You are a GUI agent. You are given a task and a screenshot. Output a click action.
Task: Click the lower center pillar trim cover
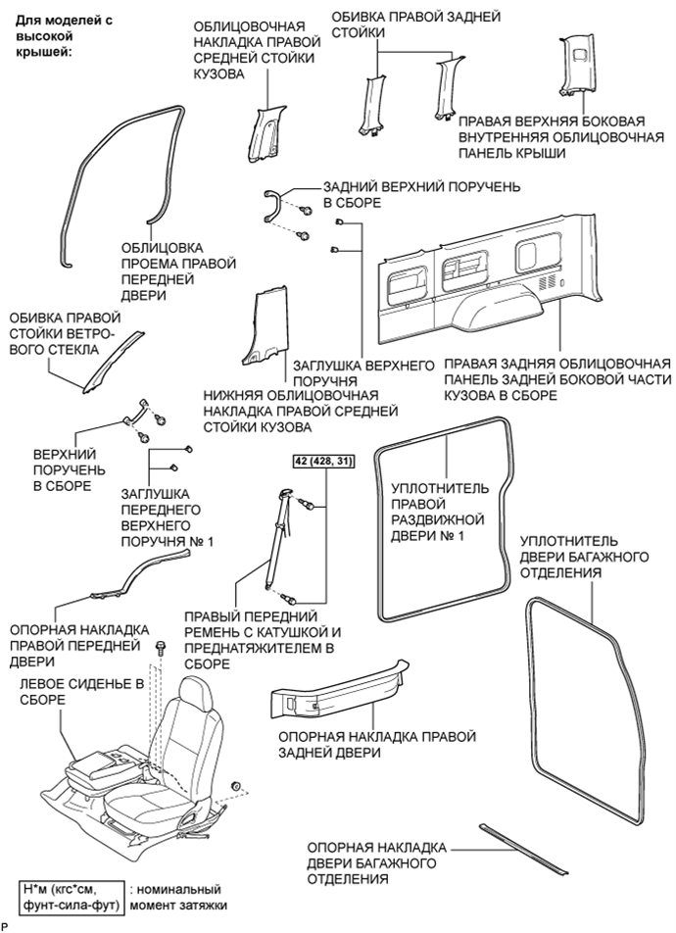tap(265, 326)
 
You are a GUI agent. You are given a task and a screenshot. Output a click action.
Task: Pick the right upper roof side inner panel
tap(576, 68)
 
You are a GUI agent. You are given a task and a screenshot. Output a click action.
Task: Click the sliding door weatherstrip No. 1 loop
tap(445, 518)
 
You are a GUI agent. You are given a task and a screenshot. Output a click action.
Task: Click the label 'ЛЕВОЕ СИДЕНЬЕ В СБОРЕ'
tap(81, 692)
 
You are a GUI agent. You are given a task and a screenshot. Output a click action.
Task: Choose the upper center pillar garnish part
tap(265, 132)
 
